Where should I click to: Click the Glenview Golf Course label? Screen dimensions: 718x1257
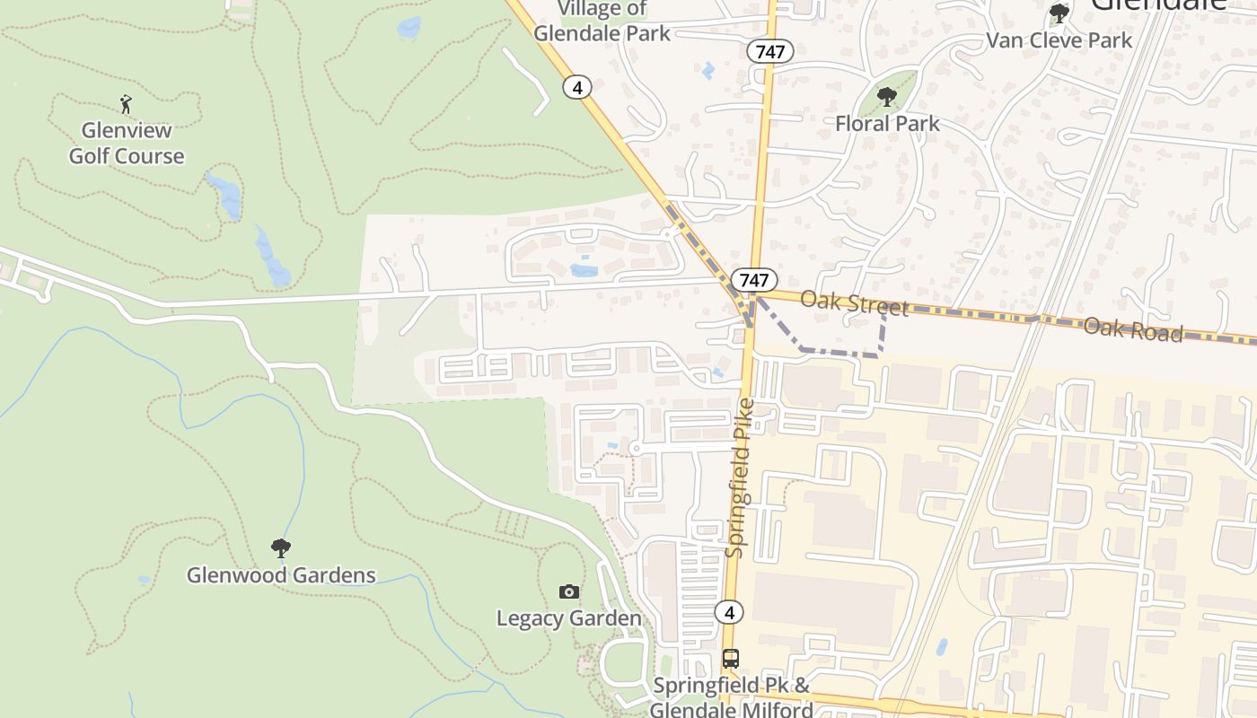point(127,144)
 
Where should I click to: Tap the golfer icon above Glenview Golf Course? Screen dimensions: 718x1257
point(126,104)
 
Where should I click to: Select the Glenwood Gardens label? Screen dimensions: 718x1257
point(281,574)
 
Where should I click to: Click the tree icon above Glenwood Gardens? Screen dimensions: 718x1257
point(281,547)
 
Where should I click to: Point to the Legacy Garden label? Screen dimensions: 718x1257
point(569,618)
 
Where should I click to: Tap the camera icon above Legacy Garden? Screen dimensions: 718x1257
point(569,591)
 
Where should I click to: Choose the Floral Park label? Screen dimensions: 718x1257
point(887,123)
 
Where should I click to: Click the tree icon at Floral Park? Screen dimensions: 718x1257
point(887,97)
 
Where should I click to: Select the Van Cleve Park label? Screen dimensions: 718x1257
point(1059,40)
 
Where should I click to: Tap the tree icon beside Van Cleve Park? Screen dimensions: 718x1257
point(1059,13)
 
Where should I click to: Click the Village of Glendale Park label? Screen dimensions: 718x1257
point(602,22)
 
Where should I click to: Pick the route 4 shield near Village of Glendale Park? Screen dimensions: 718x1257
point(577,87)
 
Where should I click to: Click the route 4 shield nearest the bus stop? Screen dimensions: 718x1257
point(729,613)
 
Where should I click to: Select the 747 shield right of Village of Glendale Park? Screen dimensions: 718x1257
point(770,52)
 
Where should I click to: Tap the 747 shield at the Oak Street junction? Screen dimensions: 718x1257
point(754,279)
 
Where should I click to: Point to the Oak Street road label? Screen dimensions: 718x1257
point(854,302)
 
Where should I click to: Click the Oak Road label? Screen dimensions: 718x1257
point(1132,328)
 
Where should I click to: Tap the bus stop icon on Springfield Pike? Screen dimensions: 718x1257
point(731,659)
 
